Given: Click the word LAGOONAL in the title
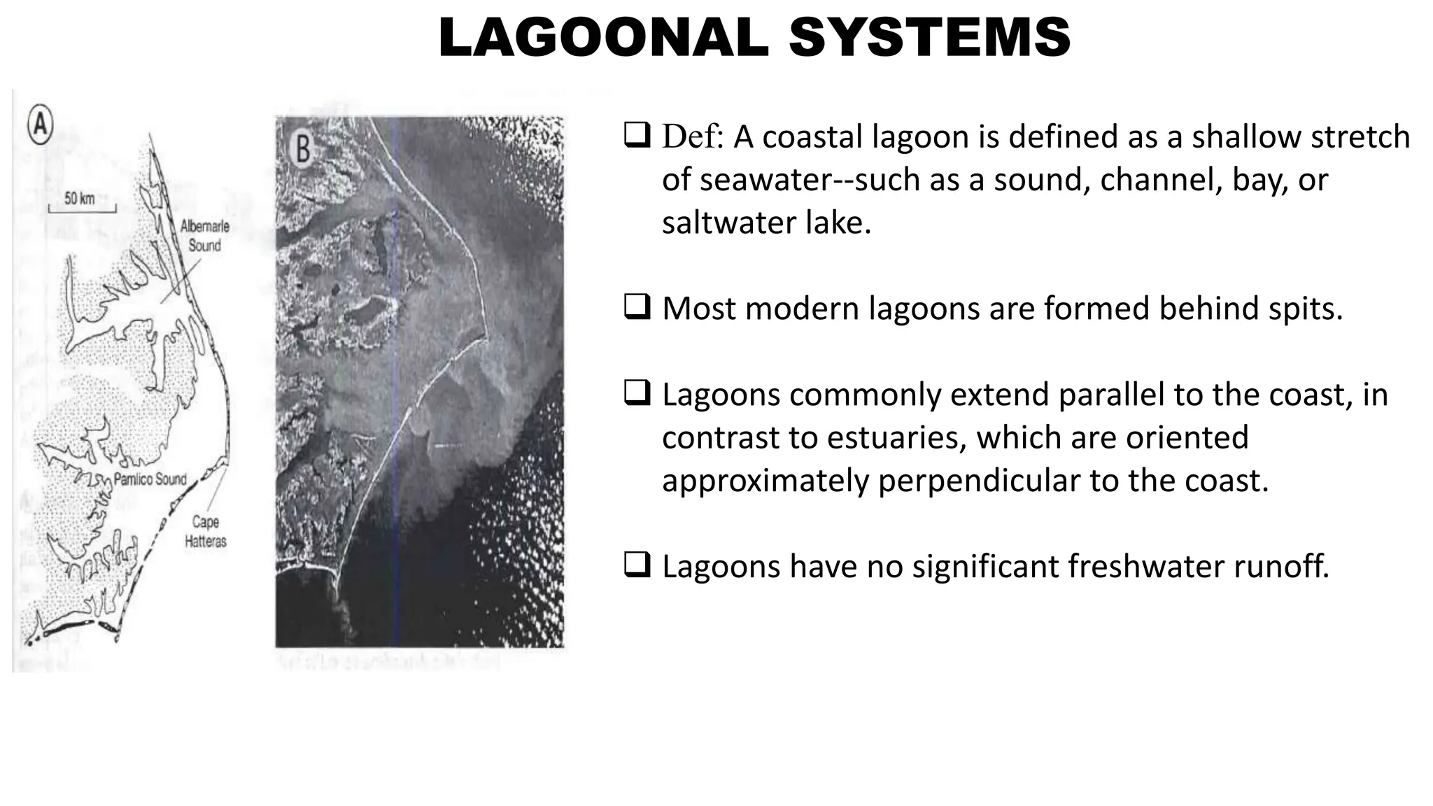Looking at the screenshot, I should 603,38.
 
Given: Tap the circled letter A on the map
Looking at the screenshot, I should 41,125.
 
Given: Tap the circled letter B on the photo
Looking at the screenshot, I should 303,148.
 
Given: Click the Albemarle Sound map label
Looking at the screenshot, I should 204,236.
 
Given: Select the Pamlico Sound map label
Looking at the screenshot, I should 150,479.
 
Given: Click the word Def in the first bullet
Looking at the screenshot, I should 691,136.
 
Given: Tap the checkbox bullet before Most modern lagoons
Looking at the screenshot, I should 636,308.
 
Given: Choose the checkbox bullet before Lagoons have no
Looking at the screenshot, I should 636,565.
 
